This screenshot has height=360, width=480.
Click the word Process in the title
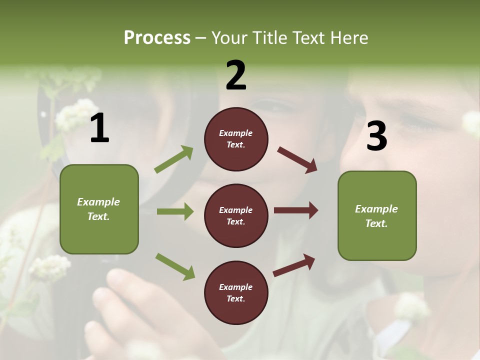coord(157,38)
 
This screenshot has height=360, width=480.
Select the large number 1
coord(99,128)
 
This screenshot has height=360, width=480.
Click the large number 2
coord(236,75)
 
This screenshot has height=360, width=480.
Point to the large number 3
coord(376,136)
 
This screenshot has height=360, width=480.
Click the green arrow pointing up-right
coord(173,159)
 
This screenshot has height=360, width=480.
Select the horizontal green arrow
coord(175,211)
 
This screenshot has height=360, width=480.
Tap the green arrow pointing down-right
coord(175,266)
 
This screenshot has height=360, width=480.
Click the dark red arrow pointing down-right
coord(297,160)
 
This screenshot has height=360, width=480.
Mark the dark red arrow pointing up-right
coord(294,265)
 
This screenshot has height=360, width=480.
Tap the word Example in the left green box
coord(98,202)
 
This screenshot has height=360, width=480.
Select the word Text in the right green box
coord(375,223)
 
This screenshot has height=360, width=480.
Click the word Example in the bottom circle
coord(235,287)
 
